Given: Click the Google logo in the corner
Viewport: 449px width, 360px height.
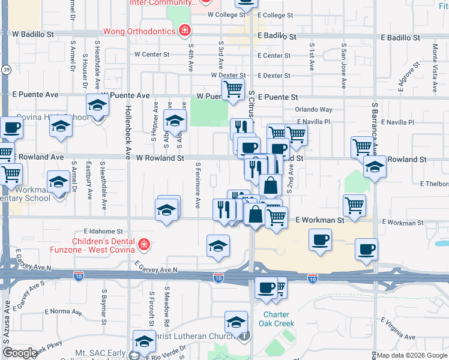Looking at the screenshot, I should coord(20,353).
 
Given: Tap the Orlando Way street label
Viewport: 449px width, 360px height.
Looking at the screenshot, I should coord(313,110).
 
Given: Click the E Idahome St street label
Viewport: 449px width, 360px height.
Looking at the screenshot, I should coord(103,230).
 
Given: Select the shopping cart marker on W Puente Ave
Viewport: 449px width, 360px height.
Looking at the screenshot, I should coord(233,90).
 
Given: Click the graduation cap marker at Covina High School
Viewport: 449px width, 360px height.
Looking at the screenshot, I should coord(96,107).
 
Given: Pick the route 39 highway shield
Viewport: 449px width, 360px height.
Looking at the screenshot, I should coord(5,70).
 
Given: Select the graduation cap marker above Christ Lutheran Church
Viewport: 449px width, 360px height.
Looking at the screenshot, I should coord(237,322).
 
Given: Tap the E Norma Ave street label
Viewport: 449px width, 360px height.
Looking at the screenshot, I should coord(62,311).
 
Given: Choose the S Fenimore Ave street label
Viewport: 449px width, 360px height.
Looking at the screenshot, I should coord(197,185).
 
